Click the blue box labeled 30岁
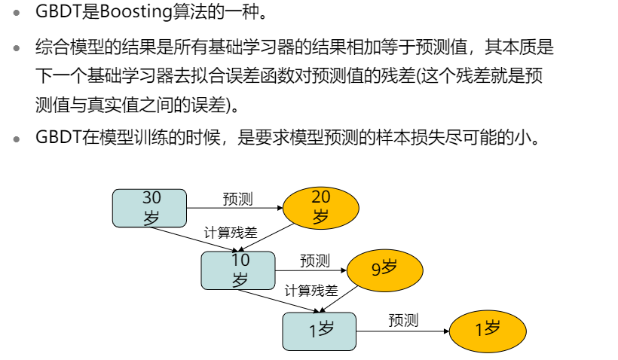148,208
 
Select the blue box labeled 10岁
238,270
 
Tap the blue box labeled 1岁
319,331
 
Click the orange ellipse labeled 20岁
320,207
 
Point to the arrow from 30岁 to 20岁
234,208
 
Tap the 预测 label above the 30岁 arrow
237,199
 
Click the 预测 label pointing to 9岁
315,261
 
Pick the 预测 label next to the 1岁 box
403,320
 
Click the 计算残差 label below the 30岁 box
231,233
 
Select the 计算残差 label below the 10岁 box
311,291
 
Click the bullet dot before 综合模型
17,48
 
